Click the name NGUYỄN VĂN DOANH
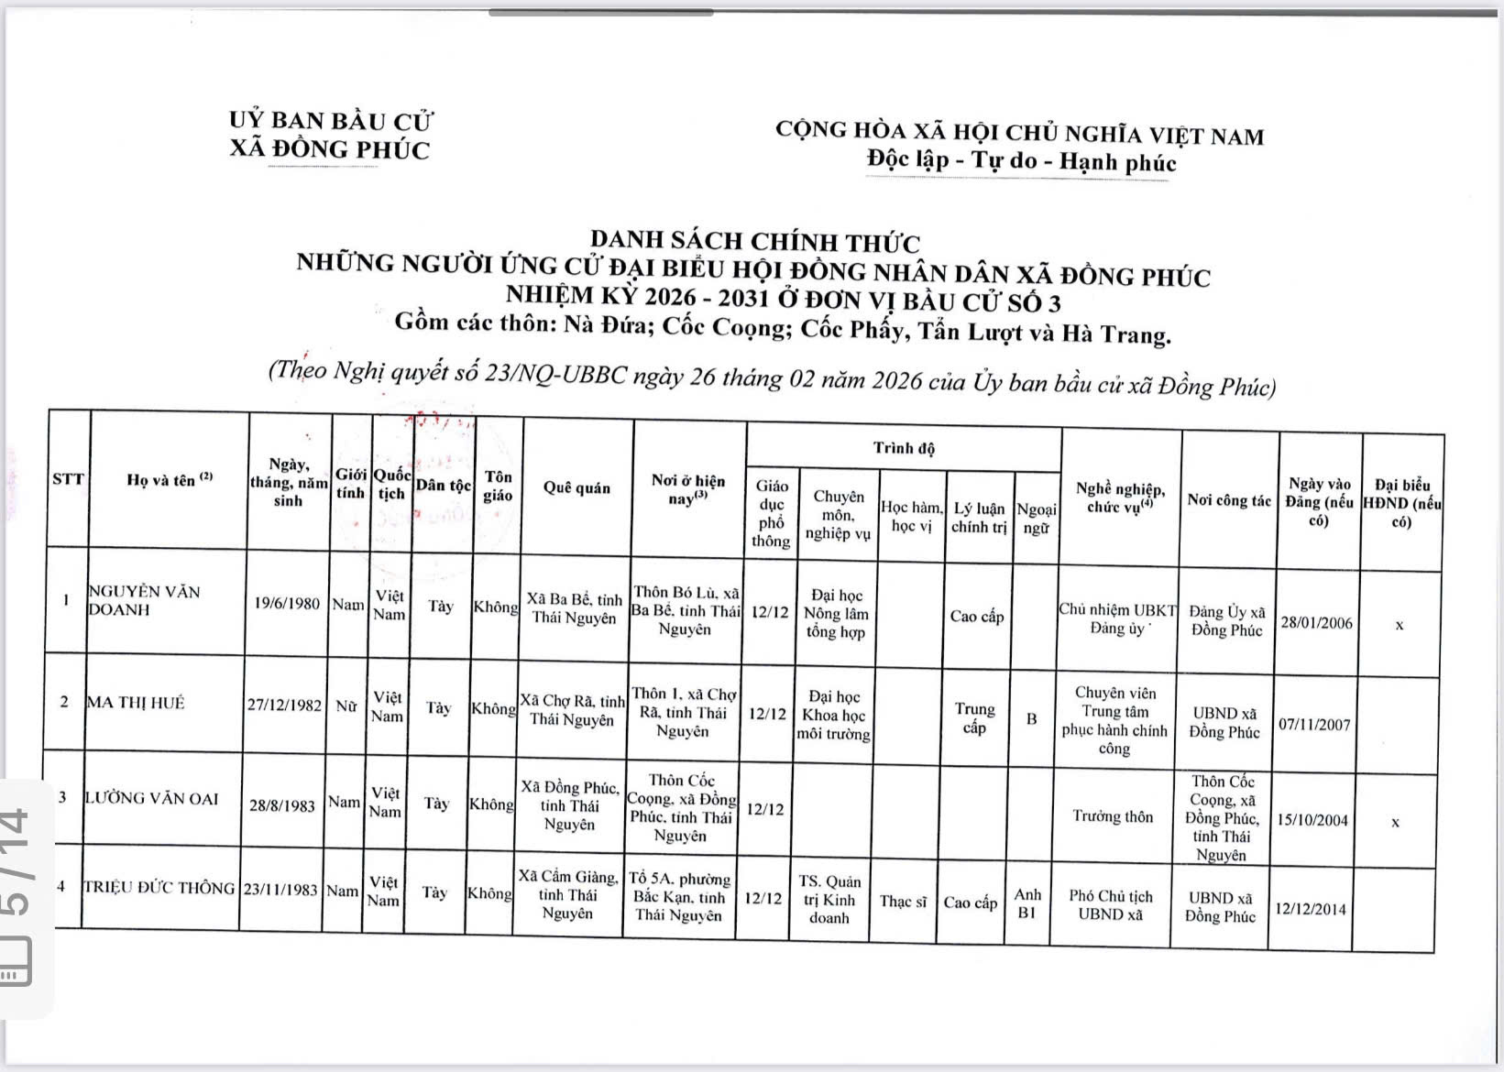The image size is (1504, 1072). click(144, 600)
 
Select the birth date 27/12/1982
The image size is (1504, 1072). click(285, 705)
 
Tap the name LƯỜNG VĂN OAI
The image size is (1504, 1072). click(152, 799)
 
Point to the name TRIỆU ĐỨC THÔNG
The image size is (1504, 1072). click(159, 887)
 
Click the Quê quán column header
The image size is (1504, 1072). click(576, 487)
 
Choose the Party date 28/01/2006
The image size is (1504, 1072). click(1316, 623)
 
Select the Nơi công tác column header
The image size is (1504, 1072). click(1229, 500)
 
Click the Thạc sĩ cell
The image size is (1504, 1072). click(903, 902)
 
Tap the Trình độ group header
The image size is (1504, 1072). click(904, 448)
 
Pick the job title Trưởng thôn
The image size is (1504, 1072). click(1113, 816)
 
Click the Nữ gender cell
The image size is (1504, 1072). click(346, 706)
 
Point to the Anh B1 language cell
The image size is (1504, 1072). click(1027, 903)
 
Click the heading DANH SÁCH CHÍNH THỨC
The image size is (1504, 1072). click(752, 242)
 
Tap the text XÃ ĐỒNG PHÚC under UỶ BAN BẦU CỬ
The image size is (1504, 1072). click(329, 149)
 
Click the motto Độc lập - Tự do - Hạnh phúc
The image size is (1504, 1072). click(1021, 162)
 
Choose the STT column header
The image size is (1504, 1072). click(68, 478)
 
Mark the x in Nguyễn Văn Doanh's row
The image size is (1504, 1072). click(1400, 626)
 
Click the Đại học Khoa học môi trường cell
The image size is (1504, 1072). click(834, 716)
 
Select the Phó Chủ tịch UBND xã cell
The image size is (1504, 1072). click(1111, 905)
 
